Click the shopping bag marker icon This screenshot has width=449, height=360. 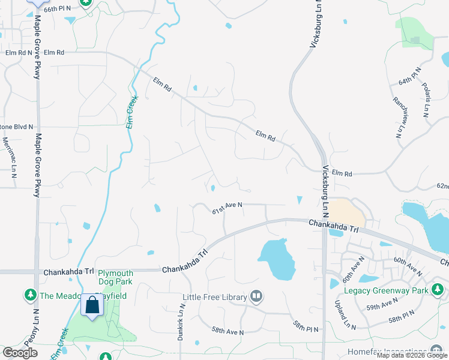[x=92, y=305]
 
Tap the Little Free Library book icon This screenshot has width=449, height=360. [x=256, y=296]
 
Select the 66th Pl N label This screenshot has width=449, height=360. [x=57, y=8]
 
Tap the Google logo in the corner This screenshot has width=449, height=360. [x=20, y=353]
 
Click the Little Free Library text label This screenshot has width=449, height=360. [x=215, y=297]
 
